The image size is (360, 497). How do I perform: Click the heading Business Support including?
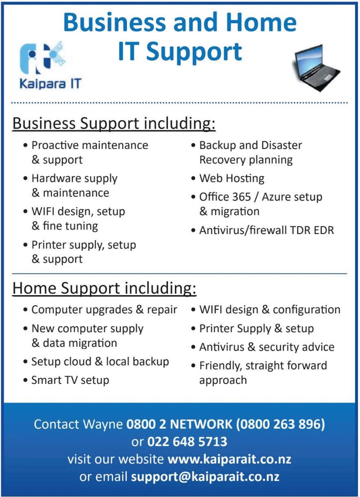tap(114, 123)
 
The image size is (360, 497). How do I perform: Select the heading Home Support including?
tap(105, 289)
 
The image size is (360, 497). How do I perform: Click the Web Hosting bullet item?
tap(231, 178)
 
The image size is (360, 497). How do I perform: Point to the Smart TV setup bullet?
tap(70, 380)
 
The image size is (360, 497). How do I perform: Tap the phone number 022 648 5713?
tap(187, 442)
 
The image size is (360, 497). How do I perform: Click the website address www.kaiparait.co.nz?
tap(229, 459)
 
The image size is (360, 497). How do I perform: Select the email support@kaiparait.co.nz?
tap(205, 477)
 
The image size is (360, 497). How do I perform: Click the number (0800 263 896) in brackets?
tap(280, 424)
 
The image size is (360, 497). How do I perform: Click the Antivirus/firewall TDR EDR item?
tap(266, 230)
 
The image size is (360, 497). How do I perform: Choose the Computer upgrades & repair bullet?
tap(104, 310)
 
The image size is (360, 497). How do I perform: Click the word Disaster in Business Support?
tap(281, 145)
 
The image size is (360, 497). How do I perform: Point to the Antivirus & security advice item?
tap(266, 347)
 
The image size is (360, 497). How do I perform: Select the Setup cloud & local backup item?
tap(100, 361)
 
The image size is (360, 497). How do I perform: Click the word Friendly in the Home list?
tap(220, 366)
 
